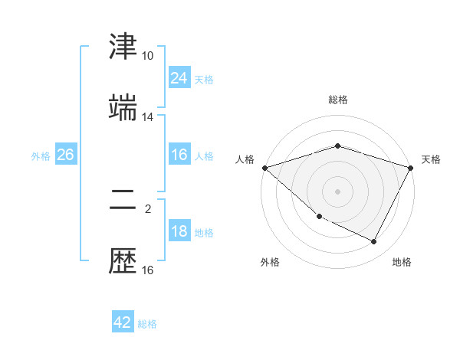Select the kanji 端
(123, 108)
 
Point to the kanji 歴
(123, 261)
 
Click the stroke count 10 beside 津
(147, 56)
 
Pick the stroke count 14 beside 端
(147, 117)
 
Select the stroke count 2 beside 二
(147, 208)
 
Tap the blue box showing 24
(179, 78)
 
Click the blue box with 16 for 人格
(179, 155)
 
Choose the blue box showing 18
(179, 232)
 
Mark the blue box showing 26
(65, 155)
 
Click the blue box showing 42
(123, 322)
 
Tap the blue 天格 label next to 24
(204, 79)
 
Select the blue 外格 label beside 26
(41, 155)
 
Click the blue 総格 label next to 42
(147, 323)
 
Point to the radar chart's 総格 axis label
(338, 100)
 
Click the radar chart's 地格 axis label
(402, 262)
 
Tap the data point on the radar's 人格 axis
(264, 167)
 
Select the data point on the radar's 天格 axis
(411, 167)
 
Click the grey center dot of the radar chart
(338, 191)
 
